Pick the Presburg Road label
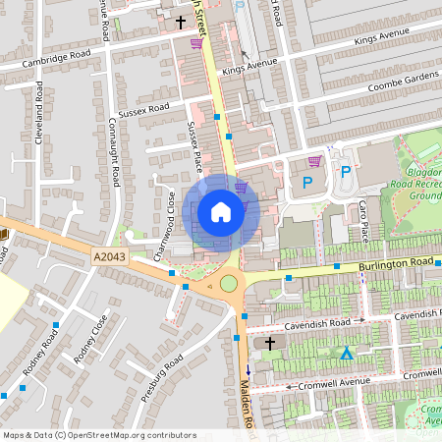coord(162,379)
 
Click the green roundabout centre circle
coord(229,285)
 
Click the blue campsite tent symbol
coord(346,353)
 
